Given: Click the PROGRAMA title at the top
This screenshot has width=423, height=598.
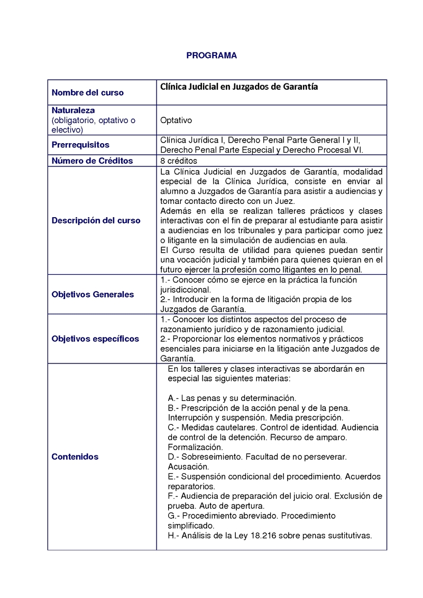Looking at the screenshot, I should (x=212, y=55).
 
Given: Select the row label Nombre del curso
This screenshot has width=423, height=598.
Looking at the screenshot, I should (x=87, y=93).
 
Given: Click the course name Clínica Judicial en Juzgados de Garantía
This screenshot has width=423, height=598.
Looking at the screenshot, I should (x=239, y=87).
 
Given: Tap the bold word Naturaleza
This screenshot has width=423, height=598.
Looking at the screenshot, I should (x=73, y=110).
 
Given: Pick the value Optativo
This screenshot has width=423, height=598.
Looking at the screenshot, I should (x=176, y=120).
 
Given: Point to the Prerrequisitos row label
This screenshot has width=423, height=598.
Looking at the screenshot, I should (x=80, y=145).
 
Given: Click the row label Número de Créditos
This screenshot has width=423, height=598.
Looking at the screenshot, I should (x=92, y=161).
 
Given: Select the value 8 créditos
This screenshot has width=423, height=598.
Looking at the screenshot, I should (x=179, y=161).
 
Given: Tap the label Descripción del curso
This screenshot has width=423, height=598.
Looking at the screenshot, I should (x=96, y=220).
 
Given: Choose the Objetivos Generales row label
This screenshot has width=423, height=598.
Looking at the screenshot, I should (x=93, y=294).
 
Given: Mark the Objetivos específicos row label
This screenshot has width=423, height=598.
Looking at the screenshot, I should (x=95, y=339).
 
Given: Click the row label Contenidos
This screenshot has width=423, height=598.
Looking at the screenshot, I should (x=75, y=456).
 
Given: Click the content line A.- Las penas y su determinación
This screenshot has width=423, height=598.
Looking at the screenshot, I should (x=232, y=398).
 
